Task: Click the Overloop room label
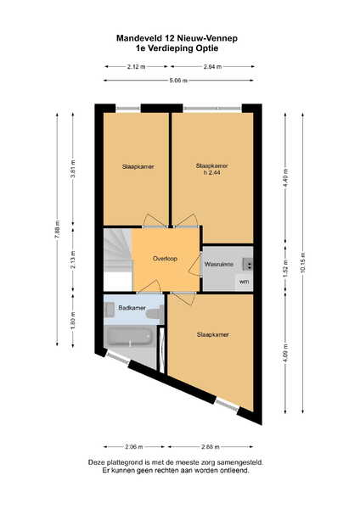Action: pyautogui.click(x=165, y=259)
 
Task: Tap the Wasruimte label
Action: pyautogui.click(x=219, y=264)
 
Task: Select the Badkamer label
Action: pyautogui.click(x=132, y=308)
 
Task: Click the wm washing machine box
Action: pyautogui.click(x=244, y=282)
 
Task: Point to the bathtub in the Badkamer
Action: pyautogui.click(x=130, y=336)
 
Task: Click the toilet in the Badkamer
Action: pyautogui.click(x=155, y=314)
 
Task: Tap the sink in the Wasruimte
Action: pyautogui.click(x=248, y=264)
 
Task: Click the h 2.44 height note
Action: pyautogui.click(x=212, y=173)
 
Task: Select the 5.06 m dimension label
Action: pyautogui.click(x=178, y=81)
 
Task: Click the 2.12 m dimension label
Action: pyautogui.click(x=136, y=67)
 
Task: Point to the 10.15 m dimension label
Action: pyautogui.click(x=303, y=262)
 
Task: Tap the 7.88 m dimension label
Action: pyautogui.click(x=57, y=230)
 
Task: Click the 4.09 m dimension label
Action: pyautogui.click(x=285, y=353)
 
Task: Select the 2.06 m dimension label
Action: pyautogui.click(x=134, y=447)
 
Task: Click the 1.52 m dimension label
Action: pyautogui.click(x=285, y=268)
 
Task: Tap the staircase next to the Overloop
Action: pyautogui.click(x=118, y=260)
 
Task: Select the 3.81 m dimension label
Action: pyautogui.click(x=73, y=169)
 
